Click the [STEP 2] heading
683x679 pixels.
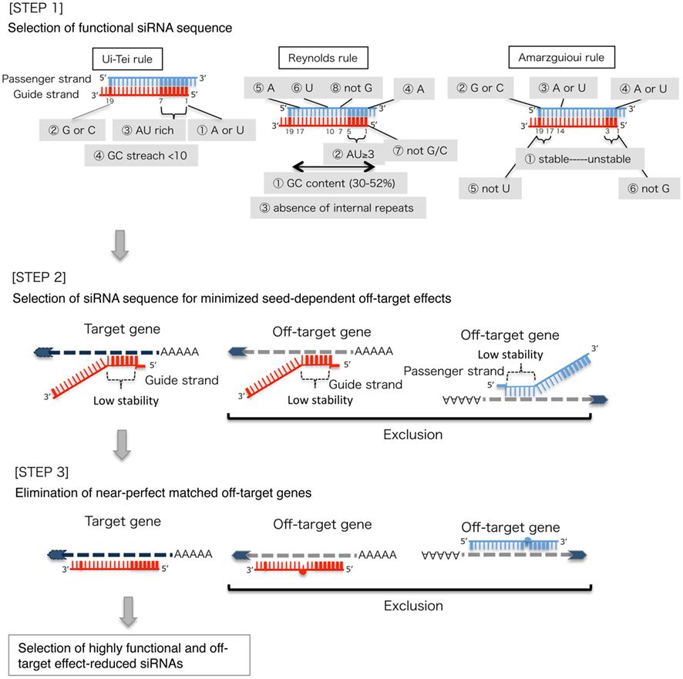click(36, 275)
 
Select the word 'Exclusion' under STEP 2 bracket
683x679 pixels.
click(413, 435)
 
